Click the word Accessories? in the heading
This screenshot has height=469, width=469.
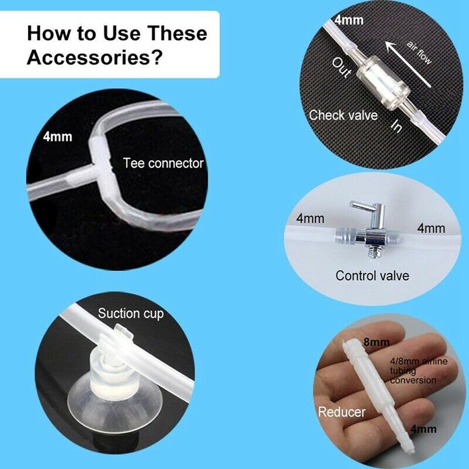click(94, 57)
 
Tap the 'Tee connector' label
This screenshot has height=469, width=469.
click(164, 164)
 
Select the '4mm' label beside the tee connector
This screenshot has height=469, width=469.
click(57, 137)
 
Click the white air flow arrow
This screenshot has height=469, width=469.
click(407, 64)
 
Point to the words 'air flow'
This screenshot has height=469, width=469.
click(419, 53)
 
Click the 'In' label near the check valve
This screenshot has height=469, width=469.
click(396, 126)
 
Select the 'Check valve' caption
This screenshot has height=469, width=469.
click(343, 115)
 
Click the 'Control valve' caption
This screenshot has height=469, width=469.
click(372, 276)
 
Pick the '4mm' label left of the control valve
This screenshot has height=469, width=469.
click(310, 218)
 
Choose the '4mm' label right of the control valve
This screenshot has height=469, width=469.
click(431, 228)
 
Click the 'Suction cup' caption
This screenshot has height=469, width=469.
click(131, 314)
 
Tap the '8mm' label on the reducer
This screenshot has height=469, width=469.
click(376, 342)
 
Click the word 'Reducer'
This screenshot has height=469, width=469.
click(342, 412)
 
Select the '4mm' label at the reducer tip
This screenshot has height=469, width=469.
click(423, 429)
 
